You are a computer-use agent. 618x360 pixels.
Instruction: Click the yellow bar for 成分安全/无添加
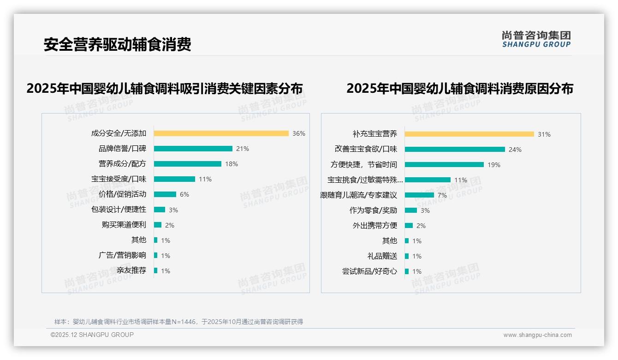tap(221, 133)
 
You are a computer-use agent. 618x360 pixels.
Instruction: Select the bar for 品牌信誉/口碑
tap(193, 149)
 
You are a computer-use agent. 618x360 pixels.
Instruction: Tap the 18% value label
tap(232, 164)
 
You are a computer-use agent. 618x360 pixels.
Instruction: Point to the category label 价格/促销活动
tap(122, 194)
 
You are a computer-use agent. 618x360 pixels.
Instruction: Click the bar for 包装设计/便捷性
tap(159, 210)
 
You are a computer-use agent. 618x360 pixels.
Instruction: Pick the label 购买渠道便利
tap(124, 225)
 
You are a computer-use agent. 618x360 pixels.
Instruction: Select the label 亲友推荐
tap(131, 270)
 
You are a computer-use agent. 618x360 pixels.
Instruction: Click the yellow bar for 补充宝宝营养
tap(469, 134)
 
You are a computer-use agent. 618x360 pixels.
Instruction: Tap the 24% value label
tap(515, 150)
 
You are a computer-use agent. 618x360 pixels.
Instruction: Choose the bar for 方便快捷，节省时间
tap(444, 165)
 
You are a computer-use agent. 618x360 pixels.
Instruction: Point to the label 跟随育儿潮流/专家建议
tap(359, 195)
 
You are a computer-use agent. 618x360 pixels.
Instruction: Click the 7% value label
tap(442, 195)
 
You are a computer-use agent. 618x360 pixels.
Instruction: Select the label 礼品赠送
tap(382, 256)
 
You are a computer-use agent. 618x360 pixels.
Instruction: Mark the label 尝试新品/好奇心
tap(369, 271)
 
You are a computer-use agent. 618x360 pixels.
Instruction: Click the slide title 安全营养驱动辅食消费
tap(117, 44)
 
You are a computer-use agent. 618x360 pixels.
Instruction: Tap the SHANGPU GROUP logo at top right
tap(536, 39)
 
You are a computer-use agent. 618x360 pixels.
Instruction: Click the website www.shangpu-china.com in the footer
tap(537, 335)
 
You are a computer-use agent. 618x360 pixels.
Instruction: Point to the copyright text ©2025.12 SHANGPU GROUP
tap(92, 335)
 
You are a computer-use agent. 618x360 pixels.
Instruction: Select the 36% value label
tap(299, 133)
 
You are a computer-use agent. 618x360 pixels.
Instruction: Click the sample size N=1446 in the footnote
tap(184, 322)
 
